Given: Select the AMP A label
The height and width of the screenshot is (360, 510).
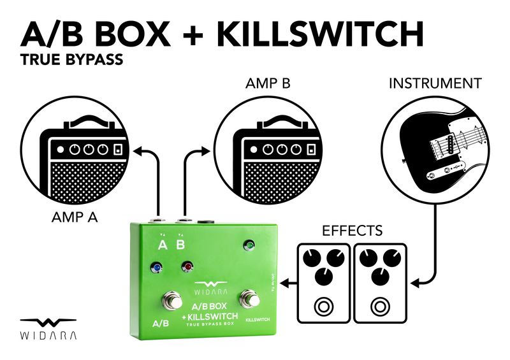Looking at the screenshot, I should (x=74, y=217).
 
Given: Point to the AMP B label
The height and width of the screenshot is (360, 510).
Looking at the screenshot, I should (x=268, y=83).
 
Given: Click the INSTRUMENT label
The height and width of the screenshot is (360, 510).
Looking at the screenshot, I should (x=435, y=83).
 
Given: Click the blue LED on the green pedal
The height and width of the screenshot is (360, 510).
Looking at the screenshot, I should (x=155, y=267).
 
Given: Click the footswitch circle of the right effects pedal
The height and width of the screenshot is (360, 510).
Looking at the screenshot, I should (x=382, y=306).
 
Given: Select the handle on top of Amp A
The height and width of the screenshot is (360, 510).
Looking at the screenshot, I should (x=89, y=120).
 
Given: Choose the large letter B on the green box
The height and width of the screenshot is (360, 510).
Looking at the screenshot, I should (x=180, y=245).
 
